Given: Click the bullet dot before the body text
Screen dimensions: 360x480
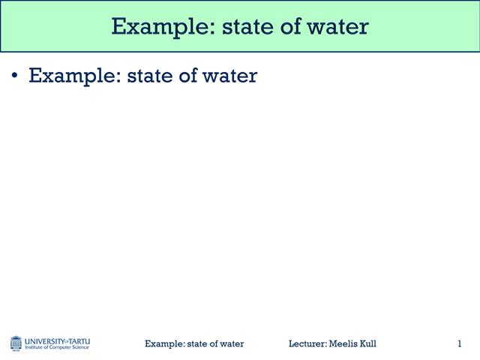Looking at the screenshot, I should coord(14,76).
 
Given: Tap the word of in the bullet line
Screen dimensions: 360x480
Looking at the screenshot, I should coord(187,76).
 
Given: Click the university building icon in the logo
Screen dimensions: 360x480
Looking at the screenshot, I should coord(16,343).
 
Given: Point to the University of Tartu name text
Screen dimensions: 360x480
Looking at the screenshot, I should coord(57,340).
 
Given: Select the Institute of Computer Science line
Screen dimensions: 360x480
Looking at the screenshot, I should coord(57,348).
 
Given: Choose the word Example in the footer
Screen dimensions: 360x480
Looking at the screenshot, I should coord(164,343).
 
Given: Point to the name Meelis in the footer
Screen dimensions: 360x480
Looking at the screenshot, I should coord(344,343).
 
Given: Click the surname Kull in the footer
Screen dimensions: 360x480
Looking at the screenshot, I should coord(368,343).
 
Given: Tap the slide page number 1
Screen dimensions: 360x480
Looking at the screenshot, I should coord(459,343).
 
